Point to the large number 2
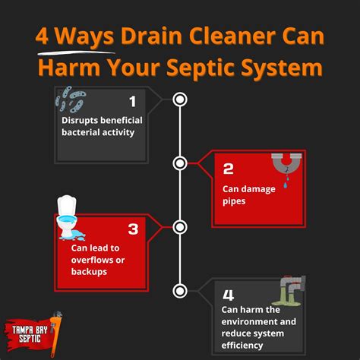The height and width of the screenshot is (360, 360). (x=229, y=169)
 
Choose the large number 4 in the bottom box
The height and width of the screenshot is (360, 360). (x=229, y=292)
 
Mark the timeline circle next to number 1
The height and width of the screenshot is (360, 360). (x=180, y=99)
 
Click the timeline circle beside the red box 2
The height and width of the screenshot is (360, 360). (x=180, y=163)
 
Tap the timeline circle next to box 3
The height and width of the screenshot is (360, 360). (x=180, y=226)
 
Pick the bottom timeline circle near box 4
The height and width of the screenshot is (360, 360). (x=180, y=289)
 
